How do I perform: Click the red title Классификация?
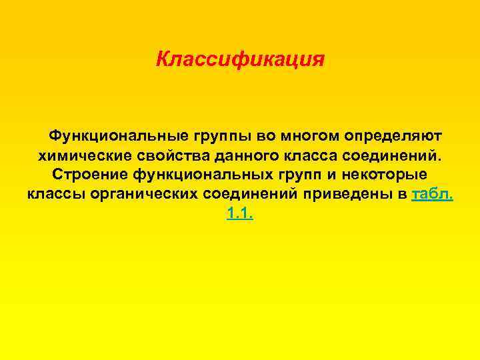[240, 59]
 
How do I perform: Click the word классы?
[55, 195]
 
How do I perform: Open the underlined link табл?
[433, 195]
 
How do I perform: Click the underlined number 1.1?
[240, 215]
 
